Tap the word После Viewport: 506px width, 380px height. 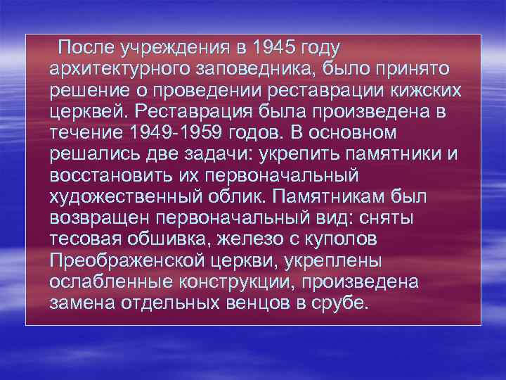click(87, 49)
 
